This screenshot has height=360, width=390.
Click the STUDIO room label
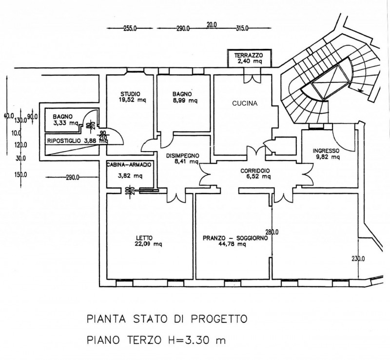[131, 94]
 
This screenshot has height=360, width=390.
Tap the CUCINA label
[244, 103]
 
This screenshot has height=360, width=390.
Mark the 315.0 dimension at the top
[241, 29]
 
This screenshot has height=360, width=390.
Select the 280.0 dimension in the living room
[272, 232]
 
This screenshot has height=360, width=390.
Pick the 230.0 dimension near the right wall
[358, 259]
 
